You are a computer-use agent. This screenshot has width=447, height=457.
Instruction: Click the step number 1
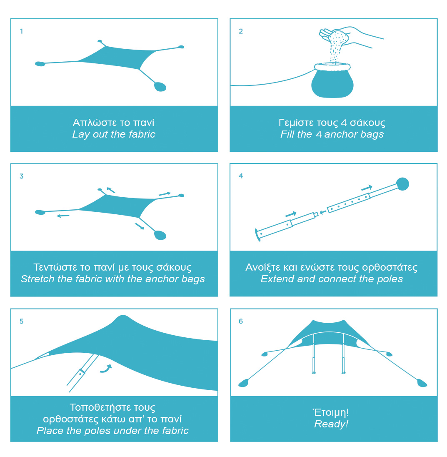point(22,31)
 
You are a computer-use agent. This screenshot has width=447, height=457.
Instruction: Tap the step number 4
point(241,176)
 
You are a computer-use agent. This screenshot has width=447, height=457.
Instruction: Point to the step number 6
point(241,321)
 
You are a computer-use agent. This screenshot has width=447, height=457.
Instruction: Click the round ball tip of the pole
point(402,184)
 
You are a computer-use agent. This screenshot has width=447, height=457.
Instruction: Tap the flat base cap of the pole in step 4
point(257,235)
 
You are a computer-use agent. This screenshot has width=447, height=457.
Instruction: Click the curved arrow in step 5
point(106,369)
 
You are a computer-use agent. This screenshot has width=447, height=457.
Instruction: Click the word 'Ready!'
point(331,424)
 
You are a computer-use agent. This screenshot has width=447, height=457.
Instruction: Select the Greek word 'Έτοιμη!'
point(331,412)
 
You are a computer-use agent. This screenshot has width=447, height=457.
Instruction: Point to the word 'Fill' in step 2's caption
point(288,134)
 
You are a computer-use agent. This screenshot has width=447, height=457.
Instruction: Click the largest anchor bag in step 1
point(160,87)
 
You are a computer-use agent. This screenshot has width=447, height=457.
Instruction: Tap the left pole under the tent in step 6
point(314,354)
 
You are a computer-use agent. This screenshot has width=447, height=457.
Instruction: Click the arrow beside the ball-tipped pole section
point(367,187)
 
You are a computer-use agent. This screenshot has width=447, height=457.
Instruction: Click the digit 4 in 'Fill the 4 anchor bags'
point(319,134)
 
